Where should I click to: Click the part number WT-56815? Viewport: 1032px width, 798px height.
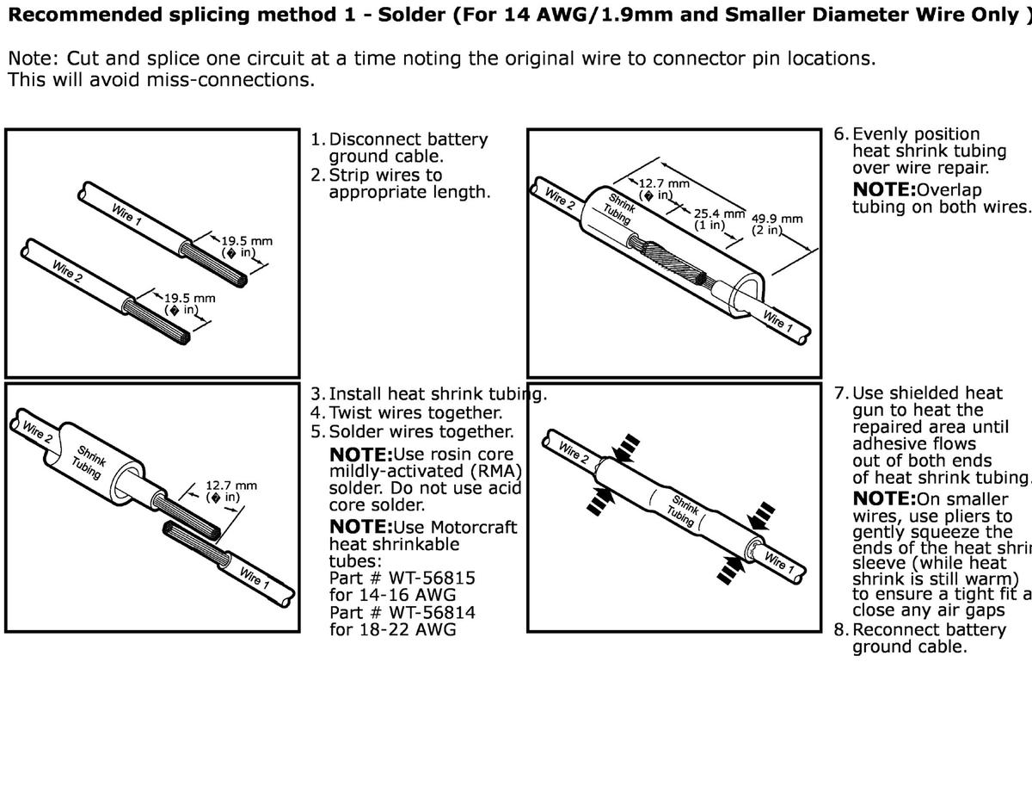pyautogui.click(x=429, y=578)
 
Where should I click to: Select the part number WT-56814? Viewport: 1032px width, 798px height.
pyautogui.click(x=429, y=612)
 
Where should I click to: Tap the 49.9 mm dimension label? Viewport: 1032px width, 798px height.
pyautogui.click(x=777, y=219)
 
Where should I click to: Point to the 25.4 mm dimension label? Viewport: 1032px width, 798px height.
pyautogui.click(x=719, y=213)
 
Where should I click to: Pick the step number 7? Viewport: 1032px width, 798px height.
pyautogui.click(x=841, y=393)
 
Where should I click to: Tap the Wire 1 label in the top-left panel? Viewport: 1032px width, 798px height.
pyautogui.click(x=126, y=213)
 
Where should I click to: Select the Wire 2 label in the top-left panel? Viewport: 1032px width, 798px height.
pyautogui.click(x=67, y=271)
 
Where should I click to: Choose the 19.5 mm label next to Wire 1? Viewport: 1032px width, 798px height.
pyautogui.click(x=247, y=241)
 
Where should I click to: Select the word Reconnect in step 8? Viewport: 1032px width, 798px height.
pyautogui.click(x=895, y=630)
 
